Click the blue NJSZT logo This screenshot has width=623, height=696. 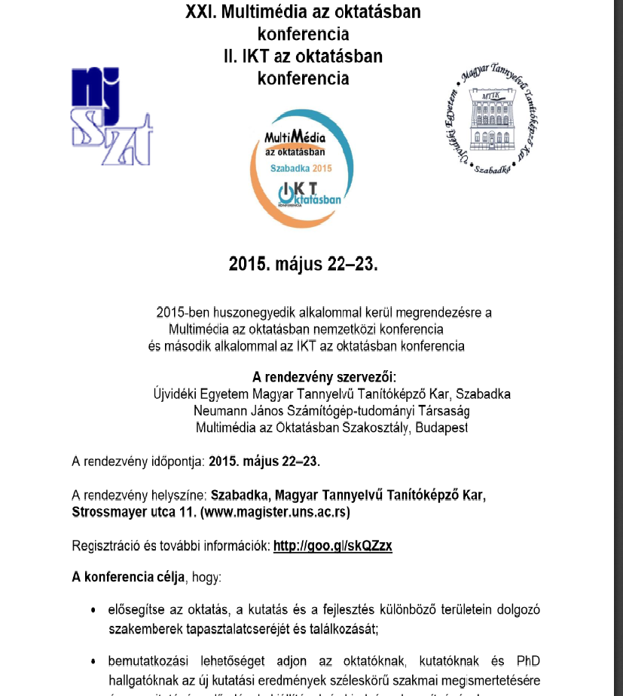(x=111, y=117)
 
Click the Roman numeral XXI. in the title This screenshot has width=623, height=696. (x=201, y=11)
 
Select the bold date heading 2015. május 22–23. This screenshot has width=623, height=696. (x=303, y=265)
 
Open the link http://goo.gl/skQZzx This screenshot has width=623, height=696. (x=332, y=546)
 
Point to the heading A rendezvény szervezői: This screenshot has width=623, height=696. (x=311, y=377)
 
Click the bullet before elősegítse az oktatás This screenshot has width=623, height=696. (x=92, y=610)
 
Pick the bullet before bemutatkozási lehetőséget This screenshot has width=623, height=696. (x=92, y=662)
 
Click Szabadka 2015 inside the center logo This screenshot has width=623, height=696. (x=301, y=168)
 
